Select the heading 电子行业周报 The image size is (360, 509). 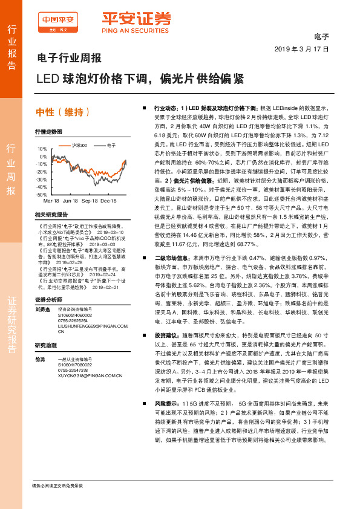coord(66,59)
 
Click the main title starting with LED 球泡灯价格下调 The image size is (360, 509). coord(139,79)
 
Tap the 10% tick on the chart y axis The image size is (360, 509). coord(42,148)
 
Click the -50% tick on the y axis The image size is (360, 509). coord(41,195)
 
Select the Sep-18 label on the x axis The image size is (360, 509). coord(90,200)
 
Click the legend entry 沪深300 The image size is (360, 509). coord(79,145)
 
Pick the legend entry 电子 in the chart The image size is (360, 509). coord(111,145)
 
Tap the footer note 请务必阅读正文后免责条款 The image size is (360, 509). coord(57,486)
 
